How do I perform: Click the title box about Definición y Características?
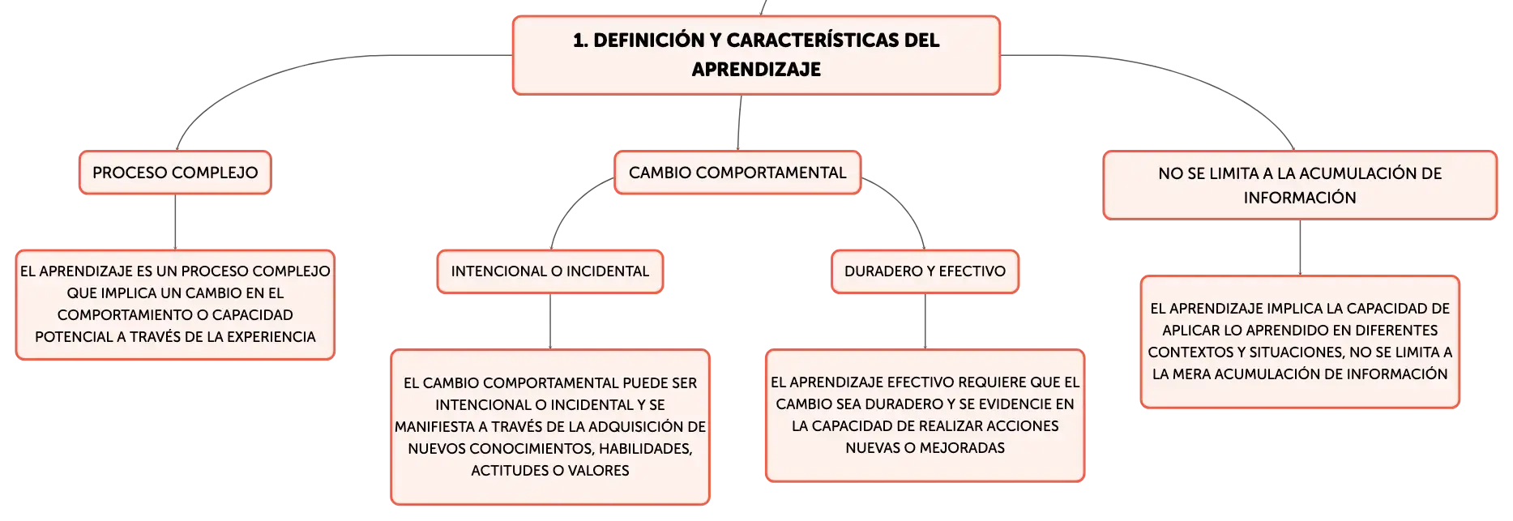point(756,55)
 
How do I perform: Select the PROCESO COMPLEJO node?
point(175,173)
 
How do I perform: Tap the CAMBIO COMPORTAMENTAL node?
point(737,173)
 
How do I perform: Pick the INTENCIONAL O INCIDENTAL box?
point(550,271)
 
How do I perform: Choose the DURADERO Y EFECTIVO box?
point(925,271)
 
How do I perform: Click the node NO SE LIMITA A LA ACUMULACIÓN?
point(1300,185)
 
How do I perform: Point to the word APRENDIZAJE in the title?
point(756,70)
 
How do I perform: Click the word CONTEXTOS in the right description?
point(1186,352)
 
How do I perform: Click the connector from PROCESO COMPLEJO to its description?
point(175,222)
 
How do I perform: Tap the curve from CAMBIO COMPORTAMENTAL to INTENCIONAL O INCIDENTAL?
point(571,207)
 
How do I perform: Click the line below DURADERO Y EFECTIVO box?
point(925,322)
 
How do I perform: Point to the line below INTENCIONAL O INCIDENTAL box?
point(550,322)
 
